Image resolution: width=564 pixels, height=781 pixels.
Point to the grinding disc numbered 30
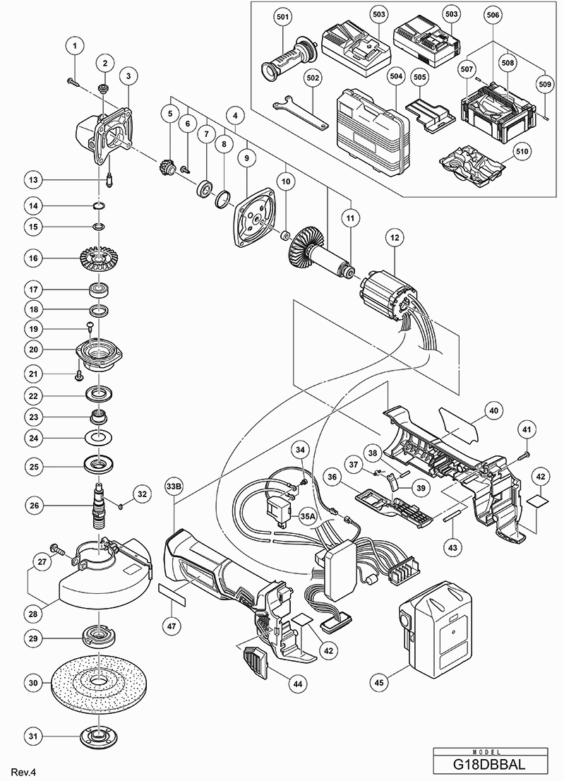pos(99,682)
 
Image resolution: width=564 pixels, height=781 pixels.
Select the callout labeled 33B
pos(174,486)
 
